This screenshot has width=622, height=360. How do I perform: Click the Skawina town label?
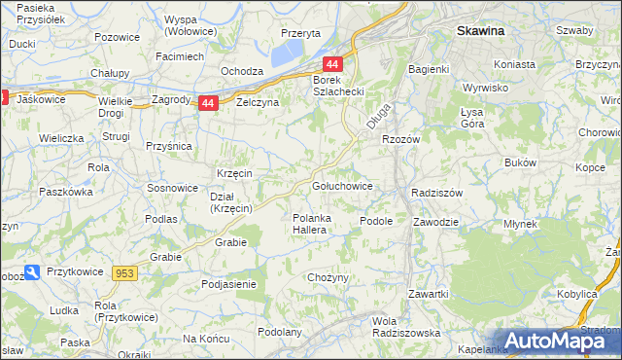pyautogui.click(x=494, y=31)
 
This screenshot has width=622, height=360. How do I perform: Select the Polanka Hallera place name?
pyautogui.click(x=315, y=224)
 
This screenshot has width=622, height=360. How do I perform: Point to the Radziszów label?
pyautogui.click(x=436, y=193)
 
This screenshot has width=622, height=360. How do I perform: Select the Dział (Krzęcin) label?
pyautogui.click(x=232, y=201)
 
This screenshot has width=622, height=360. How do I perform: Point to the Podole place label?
pyautogui.click(x=375, y=221)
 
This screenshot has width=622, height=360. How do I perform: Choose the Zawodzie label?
pyautogui.click(x=434, y=221)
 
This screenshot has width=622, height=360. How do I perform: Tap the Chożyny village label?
pyautogui.click(x=328, y=278)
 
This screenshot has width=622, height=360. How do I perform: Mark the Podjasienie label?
pyautogui.click(x=228, y=284)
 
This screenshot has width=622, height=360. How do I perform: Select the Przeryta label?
pyautogui.click(x=300, y=32)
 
